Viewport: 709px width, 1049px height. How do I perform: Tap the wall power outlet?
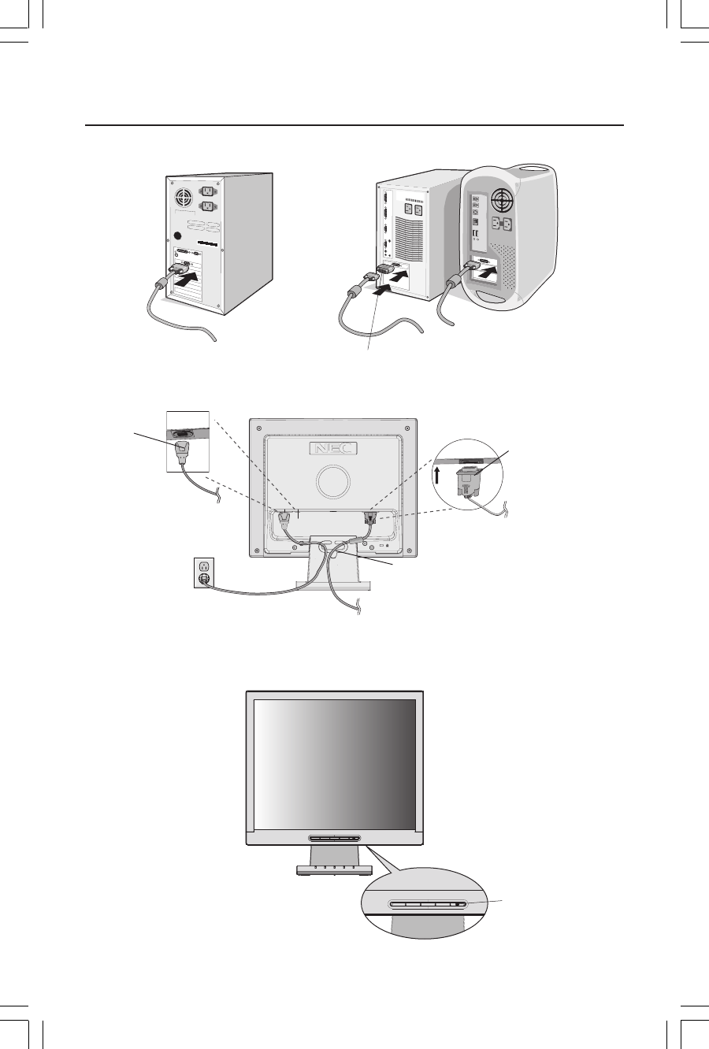[204, 573]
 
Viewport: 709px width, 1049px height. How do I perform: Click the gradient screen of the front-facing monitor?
[335, 762]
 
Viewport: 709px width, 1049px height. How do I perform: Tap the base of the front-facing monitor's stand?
[336, 869]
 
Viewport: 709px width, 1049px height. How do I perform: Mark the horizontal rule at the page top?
[354, 124]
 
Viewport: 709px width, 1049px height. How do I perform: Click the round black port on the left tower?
[179, 235]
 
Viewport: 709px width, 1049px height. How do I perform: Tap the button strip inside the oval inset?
[429, 903]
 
